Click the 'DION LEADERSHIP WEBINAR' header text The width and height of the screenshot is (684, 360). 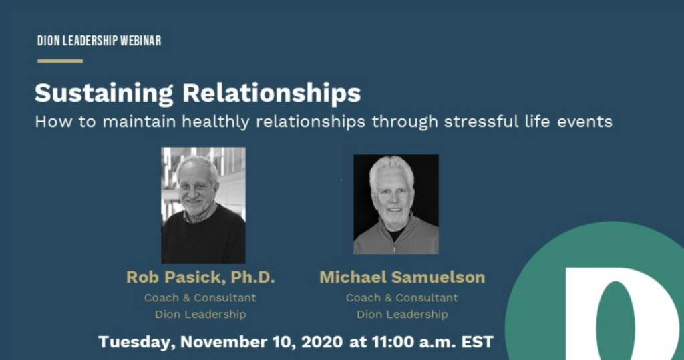(99, 41)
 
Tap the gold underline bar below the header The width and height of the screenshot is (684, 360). (60, 61)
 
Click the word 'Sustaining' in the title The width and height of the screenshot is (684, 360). (104, 94)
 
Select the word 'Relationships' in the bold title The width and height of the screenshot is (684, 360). (271, 94)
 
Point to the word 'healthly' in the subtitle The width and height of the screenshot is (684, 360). (216, 122)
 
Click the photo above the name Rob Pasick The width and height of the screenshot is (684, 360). (203, 205)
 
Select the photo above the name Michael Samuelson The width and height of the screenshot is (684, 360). (396, 204)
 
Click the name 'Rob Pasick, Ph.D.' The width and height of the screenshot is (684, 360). (200, 277)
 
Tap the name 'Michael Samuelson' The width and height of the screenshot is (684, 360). (402, 277)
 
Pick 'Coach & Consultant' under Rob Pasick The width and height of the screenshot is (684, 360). (200, 298)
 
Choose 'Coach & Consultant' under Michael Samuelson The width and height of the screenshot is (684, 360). (401, 298)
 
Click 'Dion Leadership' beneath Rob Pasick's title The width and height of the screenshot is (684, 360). (200, 314)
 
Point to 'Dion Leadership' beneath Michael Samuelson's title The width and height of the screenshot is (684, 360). (402, 314)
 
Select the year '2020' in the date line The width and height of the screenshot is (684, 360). (322, 342)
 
